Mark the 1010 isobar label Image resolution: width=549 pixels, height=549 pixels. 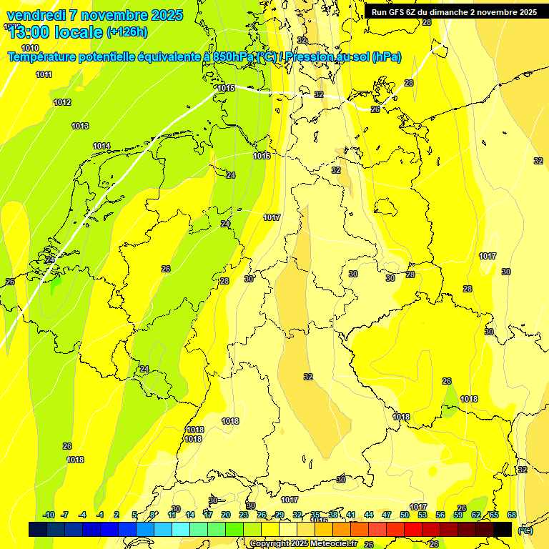[x=30, y=48]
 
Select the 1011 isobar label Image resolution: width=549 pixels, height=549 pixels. [x=44, y=74]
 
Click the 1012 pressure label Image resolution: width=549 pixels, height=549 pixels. [x=62, y=102]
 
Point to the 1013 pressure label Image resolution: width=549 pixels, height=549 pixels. [x=80, y=126]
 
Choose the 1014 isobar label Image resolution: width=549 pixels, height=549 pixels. [x=102, y=146]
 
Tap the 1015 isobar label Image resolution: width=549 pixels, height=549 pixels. [x=226, y=88]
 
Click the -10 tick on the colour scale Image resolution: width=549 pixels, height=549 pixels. [x=49, y=515]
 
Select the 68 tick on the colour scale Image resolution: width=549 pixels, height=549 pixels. [x=512, y=515]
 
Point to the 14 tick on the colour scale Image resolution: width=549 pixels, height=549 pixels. [x=190, y=515]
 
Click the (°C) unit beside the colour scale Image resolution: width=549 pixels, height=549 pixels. [x=525, y=530]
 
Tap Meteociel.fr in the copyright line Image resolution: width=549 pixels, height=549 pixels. [x=330, y=544]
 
